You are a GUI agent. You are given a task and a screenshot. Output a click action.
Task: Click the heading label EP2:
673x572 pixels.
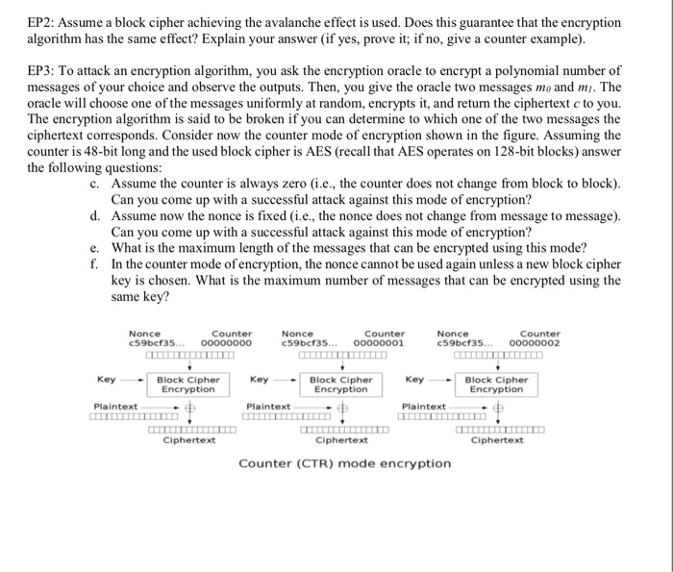tap(41, 22)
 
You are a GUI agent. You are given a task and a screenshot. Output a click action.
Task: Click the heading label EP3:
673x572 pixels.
tap(41, 72)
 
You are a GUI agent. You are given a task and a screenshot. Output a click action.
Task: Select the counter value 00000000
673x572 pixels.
tap(226, 342)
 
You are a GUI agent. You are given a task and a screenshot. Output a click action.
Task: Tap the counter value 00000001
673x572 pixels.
tap(379, 342)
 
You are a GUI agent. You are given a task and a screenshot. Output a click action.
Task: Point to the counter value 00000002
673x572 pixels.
tap(535, 342)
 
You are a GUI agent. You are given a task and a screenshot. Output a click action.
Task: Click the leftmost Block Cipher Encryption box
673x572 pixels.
tap(188, 385)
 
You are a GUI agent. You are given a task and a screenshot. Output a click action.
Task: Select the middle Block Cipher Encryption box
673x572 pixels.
tap(341, 385)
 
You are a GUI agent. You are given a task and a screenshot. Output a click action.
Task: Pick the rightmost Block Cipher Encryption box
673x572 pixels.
tap(496, 385)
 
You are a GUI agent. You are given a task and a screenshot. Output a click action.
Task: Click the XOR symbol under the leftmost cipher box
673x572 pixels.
tap(190, 408)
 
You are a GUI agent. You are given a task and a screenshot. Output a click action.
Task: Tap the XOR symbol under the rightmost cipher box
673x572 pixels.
tap(498, 408)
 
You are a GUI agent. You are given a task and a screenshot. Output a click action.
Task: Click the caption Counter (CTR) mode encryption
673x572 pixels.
tap(344, 463)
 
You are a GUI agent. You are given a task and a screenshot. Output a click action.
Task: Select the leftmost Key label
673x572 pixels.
tap(107, 380)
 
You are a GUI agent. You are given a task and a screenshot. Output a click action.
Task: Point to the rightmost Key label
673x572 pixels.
tap(414, 380)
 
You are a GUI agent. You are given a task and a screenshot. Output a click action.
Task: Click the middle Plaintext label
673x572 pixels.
tap(268, 407)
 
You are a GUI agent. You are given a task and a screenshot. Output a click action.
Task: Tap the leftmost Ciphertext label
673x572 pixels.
tap(188, 440)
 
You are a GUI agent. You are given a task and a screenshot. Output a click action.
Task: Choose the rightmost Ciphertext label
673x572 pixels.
tap(497, 440)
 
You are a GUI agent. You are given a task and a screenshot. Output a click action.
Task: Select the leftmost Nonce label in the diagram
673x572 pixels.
tap(144, 333)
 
